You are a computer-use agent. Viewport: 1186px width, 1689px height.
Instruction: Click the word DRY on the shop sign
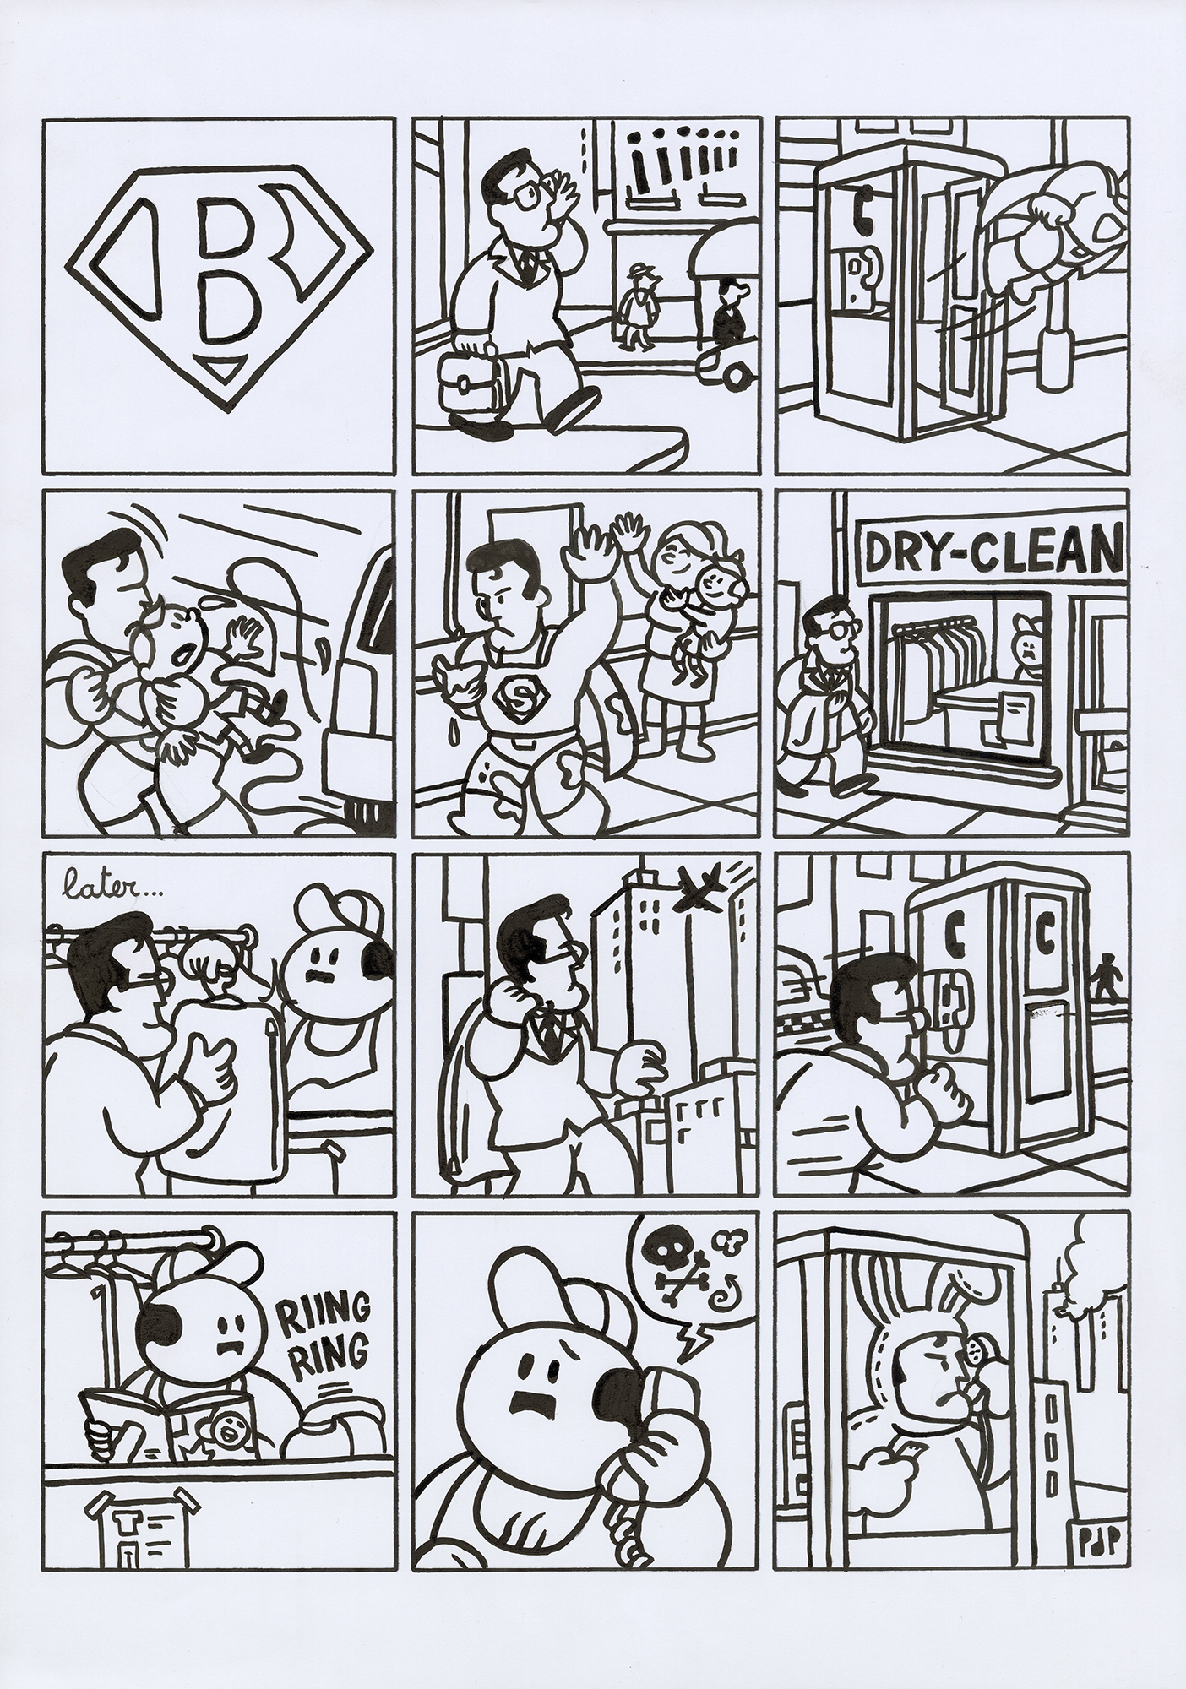905,550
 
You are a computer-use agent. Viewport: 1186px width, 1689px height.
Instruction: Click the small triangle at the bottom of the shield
222,366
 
